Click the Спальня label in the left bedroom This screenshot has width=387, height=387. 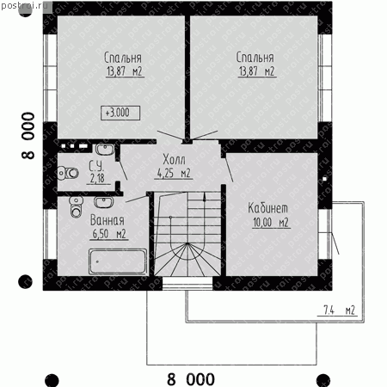[x=123, y=58]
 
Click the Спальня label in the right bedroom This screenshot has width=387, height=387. [x=255, y=58]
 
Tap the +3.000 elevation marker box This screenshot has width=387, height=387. [x=120, y=113]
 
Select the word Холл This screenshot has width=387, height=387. [x=174, y=159]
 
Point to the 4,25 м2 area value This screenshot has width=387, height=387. [x=174, y=173]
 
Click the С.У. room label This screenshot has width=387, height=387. [x=96, y=166]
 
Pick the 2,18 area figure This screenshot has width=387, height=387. [x=97, y=178]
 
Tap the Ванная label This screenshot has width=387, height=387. [x=107, y=220]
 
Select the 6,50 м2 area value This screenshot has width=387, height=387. [x=109, y=234]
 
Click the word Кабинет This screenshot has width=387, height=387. [x=267, y=208]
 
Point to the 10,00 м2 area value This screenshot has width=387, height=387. [x=271, y=222]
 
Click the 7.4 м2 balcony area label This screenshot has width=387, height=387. [x=340, y=310]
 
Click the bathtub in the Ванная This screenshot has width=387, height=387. [x=118, y=261]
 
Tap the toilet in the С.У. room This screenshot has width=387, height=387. [x=68, y=173]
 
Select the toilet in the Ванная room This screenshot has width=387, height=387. [x=76, y=207]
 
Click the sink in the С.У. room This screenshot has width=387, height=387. [x=105, y=150]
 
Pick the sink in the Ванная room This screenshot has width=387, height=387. [x=103, y=202]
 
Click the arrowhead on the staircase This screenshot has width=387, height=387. [x=205, y=197]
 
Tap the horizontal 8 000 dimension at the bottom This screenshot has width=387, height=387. [x=191, y=379]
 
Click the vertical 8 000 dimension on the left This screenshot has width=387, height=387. [x=28, y=136]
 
